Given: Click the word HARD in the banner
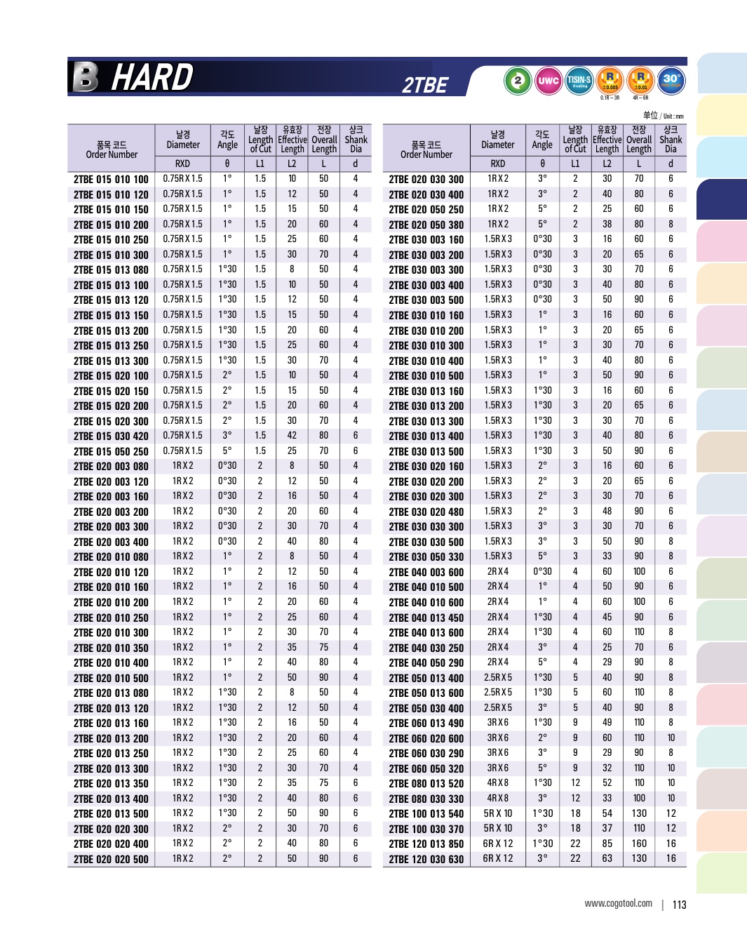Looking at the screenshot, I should [152, 77].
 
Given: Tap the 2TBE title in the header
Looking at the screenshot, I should [424, 85].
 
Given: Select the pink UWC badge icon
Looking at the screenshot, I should [548, 81].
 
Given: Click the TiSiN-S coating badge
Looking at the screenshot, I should [579, 81].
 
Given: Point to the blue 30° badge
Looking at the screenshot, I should [671, 80].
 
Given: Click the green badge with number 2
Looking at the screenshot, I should [518, 81].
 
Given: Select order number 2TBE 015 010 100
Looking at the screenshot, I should [111, 180].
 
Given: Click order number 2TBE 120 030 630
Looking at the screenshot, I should [426, 859].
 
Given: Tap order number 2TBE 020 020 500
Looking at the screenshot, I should [111, 859].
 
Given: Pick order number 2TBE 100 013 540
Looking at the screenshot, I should [426, 814].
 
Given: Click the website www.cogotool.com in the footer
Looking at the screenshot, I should [618, 904].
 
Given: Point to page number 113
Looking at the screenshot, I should [679, 905].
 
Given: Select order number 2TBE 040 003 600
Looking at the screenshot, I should [426, 573].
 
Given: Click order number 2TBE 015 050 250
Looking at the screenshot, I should [111, 452].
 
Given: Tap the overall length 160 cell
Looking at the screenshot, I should [639, 844].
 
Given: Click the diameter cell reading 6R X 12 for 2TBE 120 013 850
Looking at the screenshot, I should [497, 844].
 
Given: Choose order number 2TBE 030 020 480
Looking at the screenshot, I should [426, 512].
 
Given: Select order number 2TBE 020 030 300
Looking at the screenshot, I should [426, 180].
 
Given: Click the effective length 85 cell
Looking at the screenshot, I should [607, 844].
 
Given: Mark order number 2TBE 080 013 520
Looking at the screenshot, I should [426, 784].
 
